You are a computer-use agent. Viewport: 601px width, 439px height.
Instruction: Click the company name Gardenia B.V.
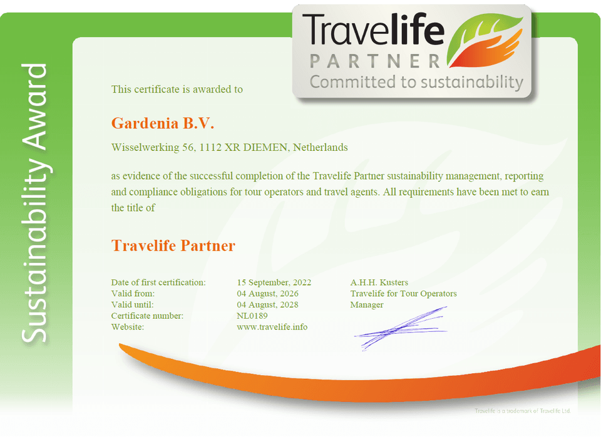[163, 123]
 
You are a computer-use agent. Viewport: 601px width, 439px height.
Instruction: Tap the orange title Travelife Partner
[173, 245]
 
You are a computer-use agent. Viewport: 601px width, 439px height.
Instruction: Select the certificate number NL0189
[252, 316]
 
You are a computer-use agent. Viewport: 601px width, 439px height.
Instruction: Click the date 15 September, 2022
[274, 282]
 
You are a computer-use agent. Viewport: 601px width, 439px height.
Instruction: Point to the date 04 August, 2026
[267, 294]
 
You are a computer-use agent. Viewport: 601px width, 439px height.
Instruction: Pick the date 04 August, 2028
[267, 305]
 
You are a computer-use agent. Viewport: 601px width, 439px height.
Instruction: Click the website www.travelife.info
[272, 327]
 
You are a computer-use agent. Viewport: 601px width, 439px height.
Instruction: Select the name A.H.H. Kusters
[379, 282]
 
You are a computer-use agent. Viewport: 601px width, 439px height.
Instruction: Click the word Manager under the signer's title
[367, 305]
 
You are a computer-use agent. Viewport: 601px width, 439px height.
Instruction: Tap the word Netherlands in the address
[321, 148]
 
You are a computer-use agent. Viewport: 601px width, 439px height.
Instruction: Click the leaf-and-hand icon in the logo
[485, 41]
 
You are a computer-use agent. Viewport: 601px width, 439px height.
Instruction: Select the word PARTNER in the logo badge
[375, 61]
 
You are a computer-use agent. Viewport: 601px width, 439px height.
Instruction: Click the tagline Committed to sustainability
[416, 83]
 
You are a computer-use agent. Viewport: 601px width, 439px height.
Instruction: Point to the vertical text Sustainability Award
[34, 203]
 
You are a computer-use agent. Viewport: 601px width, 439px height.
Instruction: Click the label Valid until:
[132, 305]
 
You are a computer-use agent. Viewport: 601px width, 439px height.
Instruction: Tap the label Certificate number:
[147, 316]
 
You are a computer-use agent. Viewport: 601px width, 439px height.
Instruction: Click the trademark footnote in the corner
[523, 411]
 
